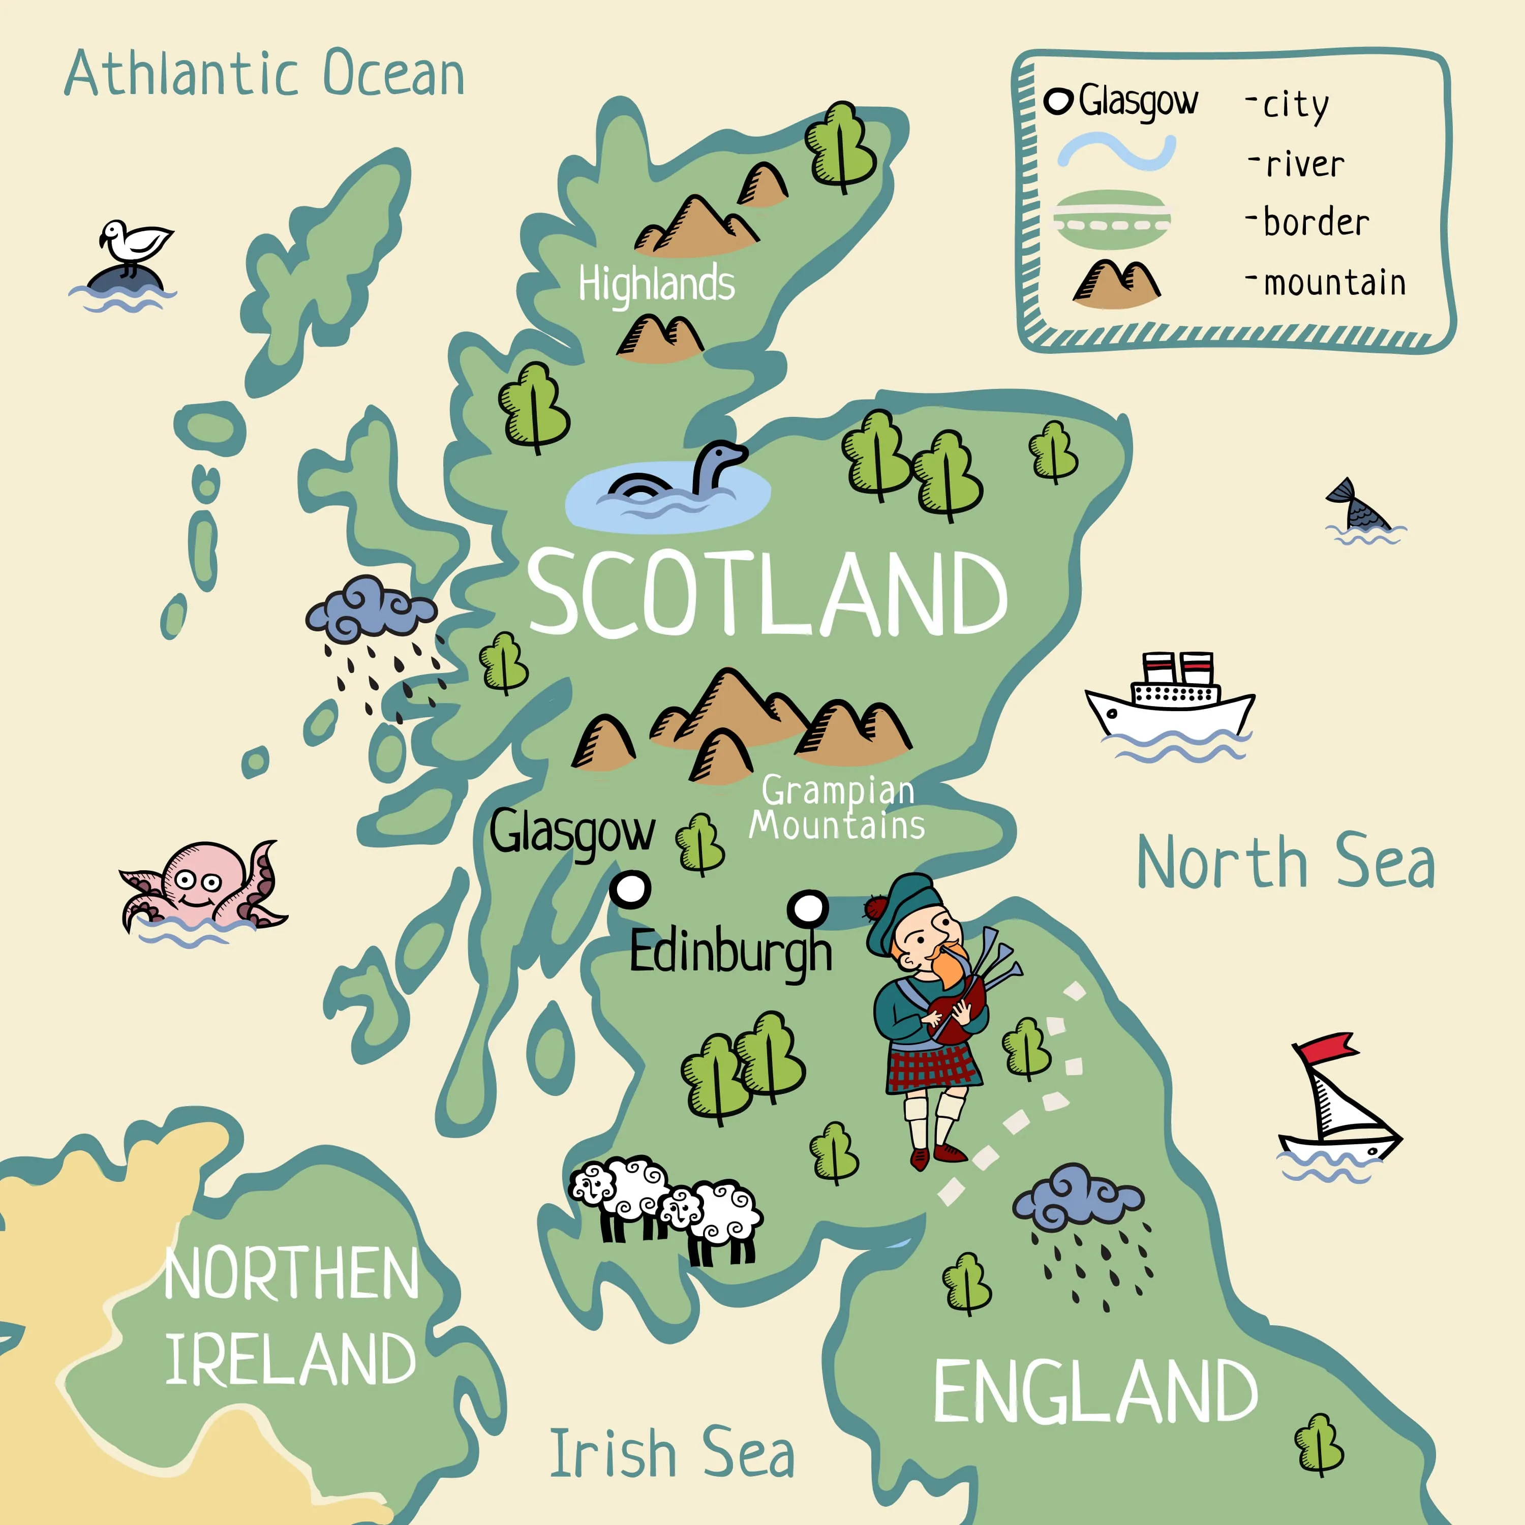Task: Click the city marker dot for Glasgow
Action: click(631, 889)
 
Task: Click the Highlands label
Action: click(656, 284)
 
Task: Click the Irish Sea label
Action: click(672, 1454)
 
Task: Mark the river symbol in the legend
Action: click(1116, 151)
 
